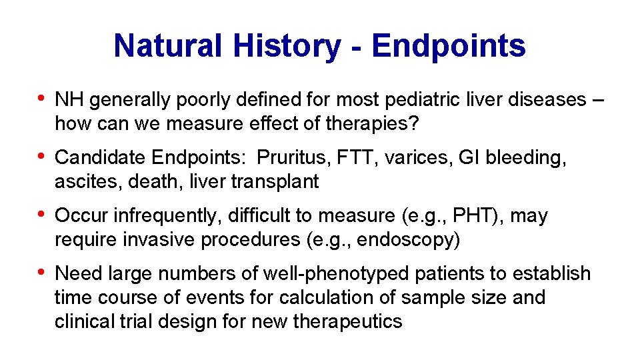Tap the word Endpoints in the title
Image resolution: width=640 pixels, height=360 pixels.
point(449,46)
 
